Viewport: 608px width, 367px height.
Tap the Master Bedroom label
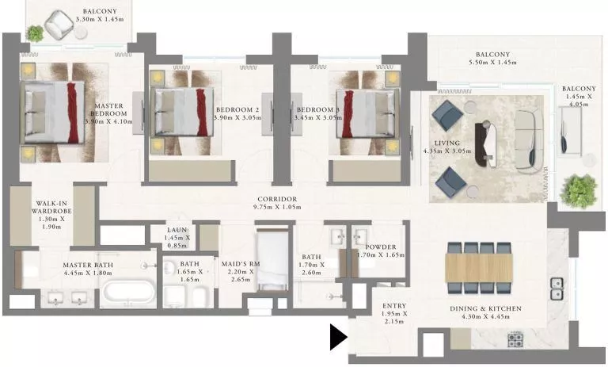pos(107,114)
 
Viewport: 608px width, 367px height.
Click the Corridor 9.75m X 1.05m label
pos(276,203)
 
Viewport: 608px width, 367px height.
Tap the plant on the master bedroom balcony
pos(35,33)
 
